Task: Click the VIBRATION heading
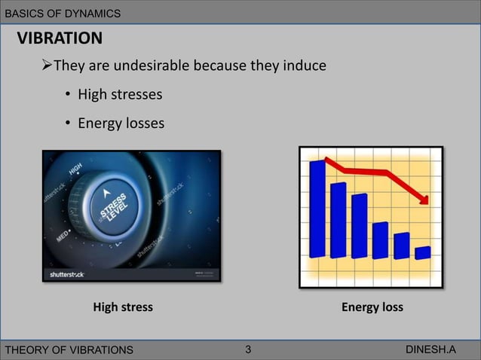point(60,38)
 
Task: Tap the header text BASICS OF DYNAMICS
point(63,14)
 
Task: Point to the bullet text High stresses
point(120,95)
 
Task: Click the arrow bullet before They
point(47,66)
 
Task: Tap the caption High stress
point(122,307)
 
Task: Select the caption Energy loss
point(372,307)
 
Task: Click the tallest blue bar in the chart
point(317,207)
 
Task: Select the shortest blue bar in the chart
point(422,253)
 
